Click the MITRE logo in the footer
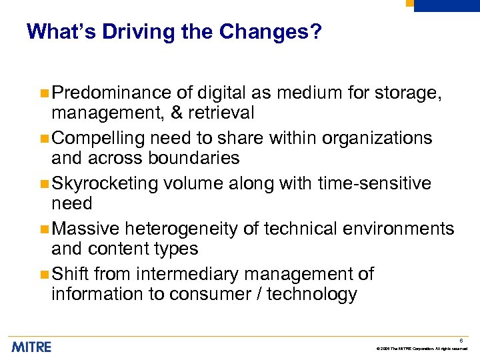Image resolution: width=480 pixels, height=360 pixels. point(31,347)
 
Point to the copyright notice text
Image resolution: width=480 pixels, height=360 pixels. point(421,349)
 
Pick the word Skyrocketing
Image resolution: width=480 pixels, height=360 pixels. point(105,183)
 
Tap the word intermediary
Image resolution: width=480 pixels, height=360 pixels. point(193,274)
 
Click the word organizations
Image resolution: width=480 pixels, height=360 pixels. point(377,138)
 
